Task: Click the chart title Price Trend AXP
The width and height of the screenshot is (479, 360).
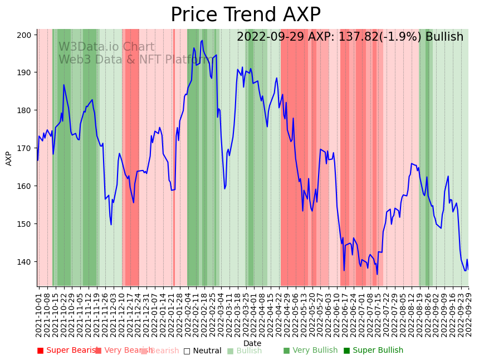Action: coord(245,15)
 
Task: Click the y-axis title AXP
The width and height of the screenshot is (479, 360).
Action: coord(9,158)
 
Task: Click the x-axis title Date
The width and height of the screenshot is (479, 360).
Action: coord(252,343)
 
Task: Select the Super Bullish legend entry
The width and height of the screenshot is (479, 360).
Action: coord(373,351)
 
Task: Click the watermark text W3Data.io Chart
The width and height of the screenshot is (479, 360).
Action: coord(106,47)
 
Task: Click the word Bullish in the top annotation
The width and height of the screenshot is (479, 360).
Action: coord(444,37)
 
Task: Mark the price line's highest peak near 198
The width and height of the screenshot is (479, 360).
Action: coord(202,40)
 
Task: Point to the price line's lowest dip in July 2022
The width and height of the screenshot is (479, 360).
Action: coord(377,274)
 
